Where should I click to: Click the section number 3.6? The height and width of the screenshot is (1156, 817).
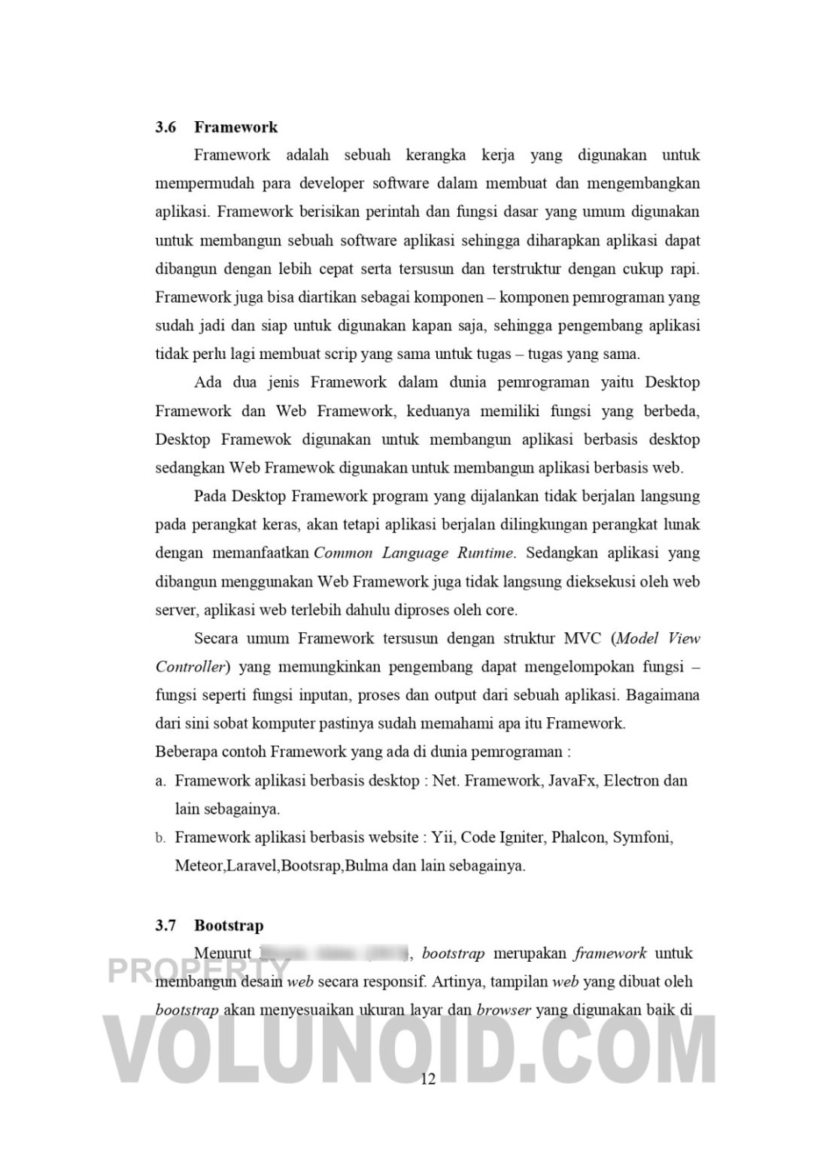pyautogui.click(x=166, y=127)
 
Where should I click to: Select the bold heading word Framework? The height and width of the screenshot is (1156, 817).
pyautogui.click(x=235, y=127)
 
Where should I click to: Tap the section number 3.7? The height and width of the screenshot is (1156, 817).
pyautogui.click(x=166, y=925)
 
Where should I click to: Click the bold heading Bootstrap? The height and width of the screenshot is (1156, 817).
pyautogui.click(x=229, y=925)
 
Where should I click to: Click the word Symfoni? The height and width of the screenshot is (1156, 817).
pyautogui.click(x=643, y=837)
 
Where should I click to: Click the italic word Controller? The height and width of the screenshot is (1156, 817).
pyautogui.click(x=191, y=667)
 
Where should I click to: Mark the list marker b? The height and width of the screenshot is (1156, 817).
pyautogui.click(x=160, y=838)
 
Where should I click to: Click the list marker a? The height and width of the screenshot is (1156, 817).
pyautogui.click(x=160, y=781)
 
